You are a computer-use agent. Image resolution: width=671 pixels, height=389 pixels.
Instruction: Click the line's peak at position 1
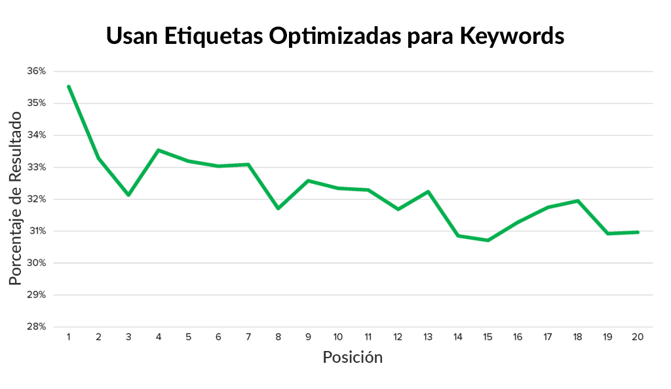click(69, 86)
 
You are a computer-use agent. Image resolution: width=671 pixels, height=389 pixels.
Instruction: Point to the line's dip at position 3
click(128, 195)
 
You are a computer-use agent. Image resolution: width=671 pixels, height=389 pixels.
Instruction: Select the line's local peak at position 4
click(159, 150)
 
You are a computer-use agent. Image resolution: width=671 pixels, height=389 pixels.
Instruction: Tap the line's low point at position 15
click(488, 240)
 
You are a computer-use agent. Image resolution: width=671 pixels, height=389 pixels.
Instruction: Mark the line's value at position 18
click(577, 200)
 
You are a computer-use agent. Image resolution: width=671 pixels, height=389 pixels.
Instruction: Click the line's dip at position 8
click(278, 208)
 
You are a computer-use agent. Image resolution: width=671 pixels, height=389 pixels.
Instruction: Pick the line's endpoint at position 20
click(637, 232)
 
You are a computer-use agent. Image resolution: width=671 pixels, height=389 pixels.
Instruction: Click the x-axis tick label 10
click(338, 337)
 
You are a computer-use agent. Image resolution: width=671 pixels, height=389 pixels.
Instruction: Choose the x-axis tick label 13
click(428, 337)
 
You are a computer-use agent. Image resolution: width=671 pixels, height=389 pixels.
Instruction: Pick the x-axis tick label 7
click(248, 337)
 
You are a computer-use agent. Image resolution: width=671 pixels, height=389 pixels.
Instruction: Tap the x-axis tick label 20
click(637, 337)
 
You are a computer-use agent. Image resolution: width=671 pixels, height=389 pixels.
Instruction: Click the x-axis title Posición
click(353, 358)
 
